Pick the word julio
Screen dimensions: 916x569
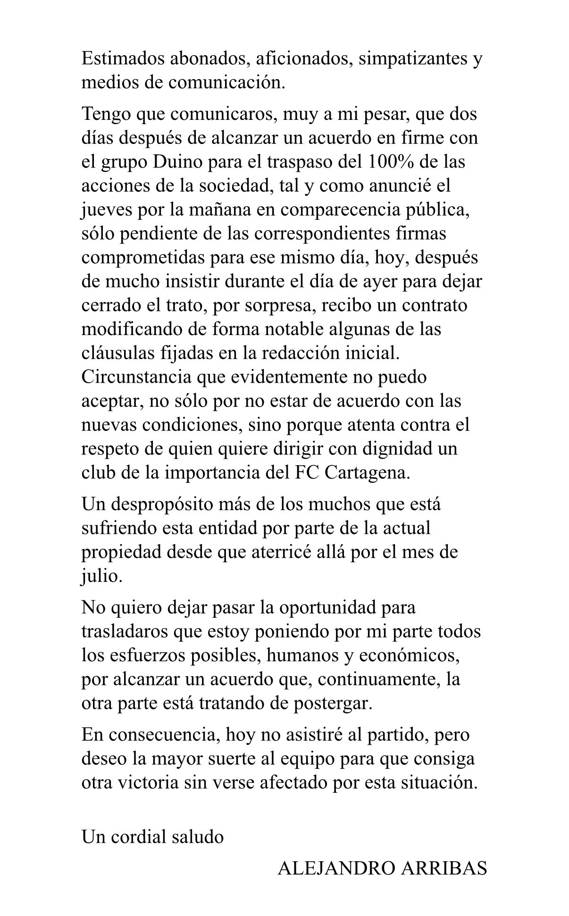point(101,576)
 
